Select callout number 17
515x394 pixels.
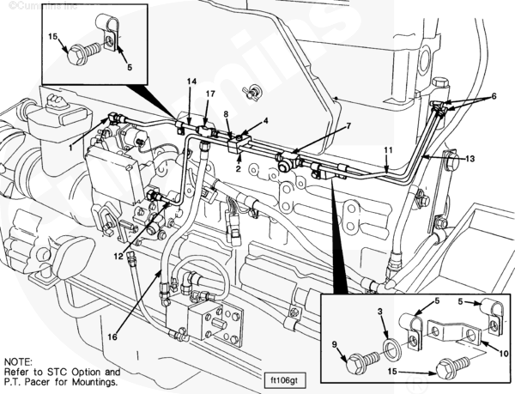210,93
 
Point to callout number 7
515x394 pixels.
348,126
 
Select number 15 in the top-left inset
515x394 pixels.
53,37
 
